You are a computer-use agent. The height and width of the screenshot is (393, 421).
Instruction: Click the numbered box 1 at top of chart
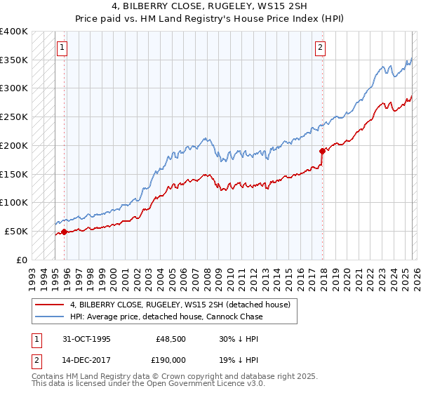tap(62, 48)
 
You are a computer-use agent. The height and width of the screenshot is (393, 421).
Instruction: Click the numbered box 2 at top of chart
tap(320, 48)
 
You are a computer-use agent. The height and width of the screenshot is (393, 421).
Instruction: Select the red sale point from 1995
tap(64, 232)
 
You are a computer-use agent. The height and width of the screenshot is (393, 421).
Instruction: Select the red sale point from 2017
tap(322, 151)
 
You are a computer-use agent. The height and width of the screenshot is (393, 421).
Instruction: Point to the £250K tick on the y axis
tap(14, 117)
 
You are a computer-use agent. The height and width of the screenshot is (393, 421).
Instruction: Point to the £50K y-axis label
tap(15, 231)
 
